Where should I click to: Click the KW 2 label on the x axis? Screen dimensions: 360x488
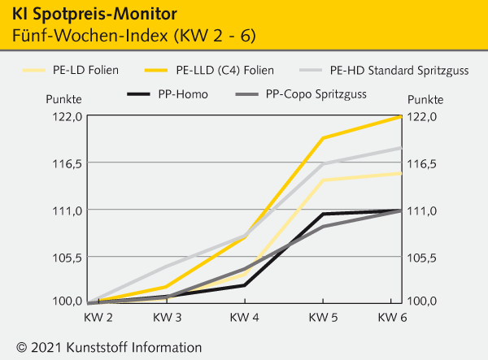point(98,315)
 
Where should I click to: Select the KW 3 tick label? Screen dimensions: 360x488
point(168,315)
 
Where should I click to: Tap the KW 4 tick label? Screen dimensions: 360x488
point(245,315)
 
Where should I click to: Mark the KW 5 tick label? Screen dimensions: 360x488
point(323,315)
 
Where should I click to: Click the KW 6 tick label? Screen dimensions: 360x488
point(393,315)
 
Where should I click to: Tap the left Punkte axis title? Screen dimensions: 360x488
point(63,99)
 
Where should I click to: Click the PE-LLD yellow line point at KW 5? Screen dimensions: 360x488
point(323,138)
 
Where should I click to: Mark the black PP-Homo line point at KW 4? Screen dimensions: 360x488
point(245,285)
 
